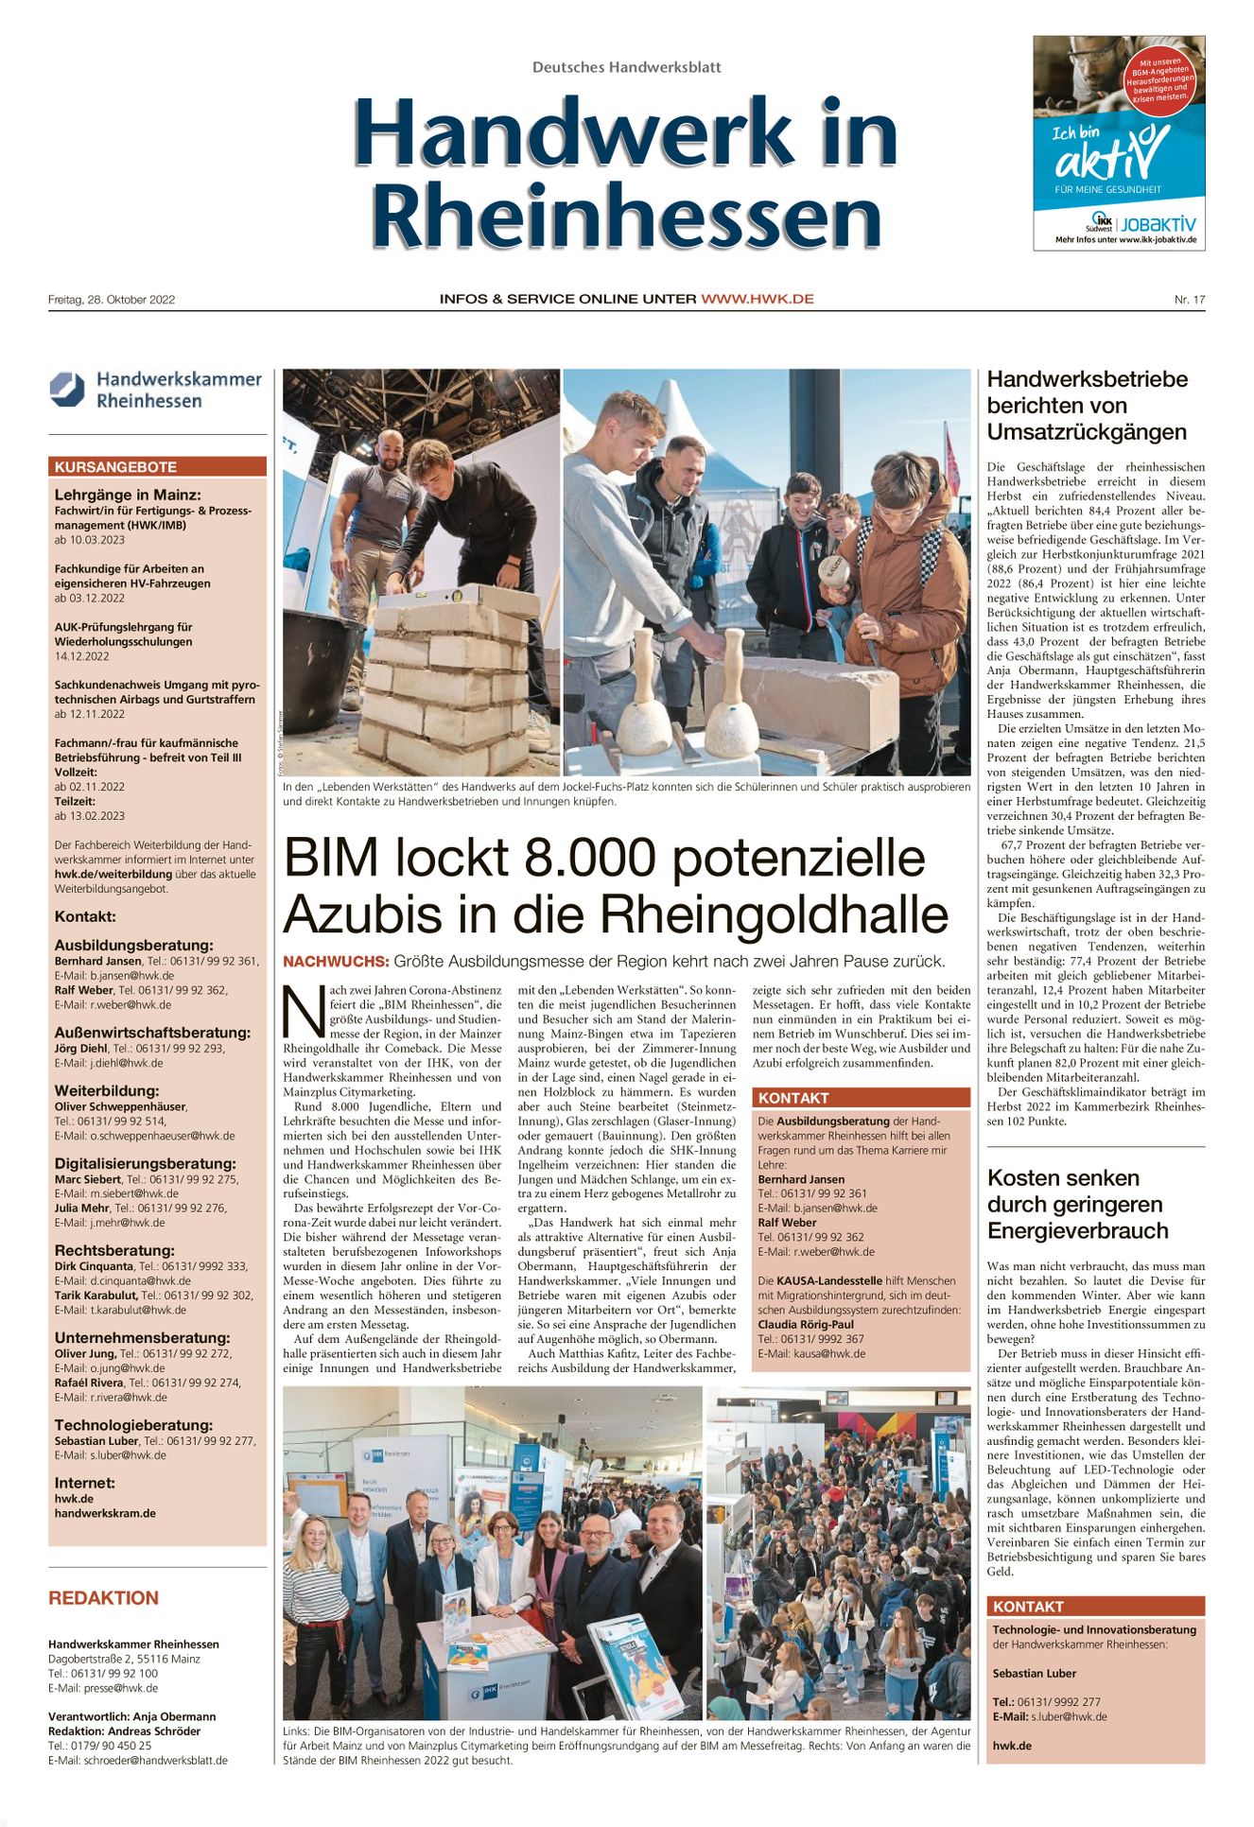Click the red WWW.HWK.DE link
click(x=757, y=299)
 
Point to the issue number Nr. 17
click(x=1190, y=300)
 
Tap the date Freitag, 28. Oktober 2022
click(x=112, y=300)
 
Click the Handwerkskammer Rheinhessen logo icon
click(x=67, y=390)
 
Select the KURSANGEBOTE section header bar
click(x=157, y=467)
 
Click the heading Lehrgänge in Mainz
click(x=128, y=495)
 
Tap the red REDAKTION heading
click(x=104, y=1598)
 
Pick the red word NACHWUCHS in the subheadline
click(x=336, y=962)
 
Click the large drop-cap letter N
click(x=304, y=1011)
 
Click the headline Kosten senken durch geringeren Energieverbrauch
click(x=1077, y=1204)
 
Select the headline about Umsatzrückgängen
click(x=1086, y=406)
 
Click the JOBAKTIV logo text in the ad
click(x=1158, y=225)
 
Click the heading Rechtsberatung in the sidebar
click(x=114, y=1250)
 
